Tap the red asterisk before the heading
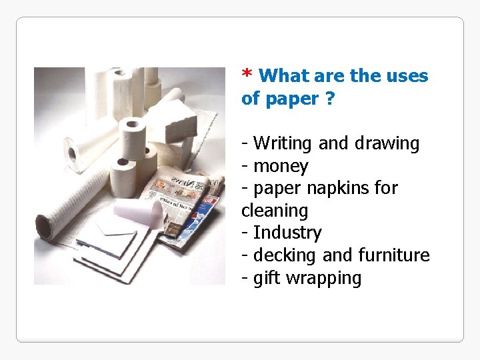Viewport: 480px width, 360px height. (x=247, y=74)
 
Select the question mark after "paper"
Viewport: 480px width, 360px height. (x=330, y=99)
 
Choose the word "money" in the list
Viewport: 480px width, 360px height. (x=281, y=166)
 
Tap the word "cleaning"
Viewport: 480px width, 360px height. (x=275, y=211)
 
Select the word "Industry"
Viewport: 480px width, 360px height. (x=287, y=233)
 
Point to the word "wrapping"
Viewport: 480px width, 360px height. (x=323, y=278)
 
